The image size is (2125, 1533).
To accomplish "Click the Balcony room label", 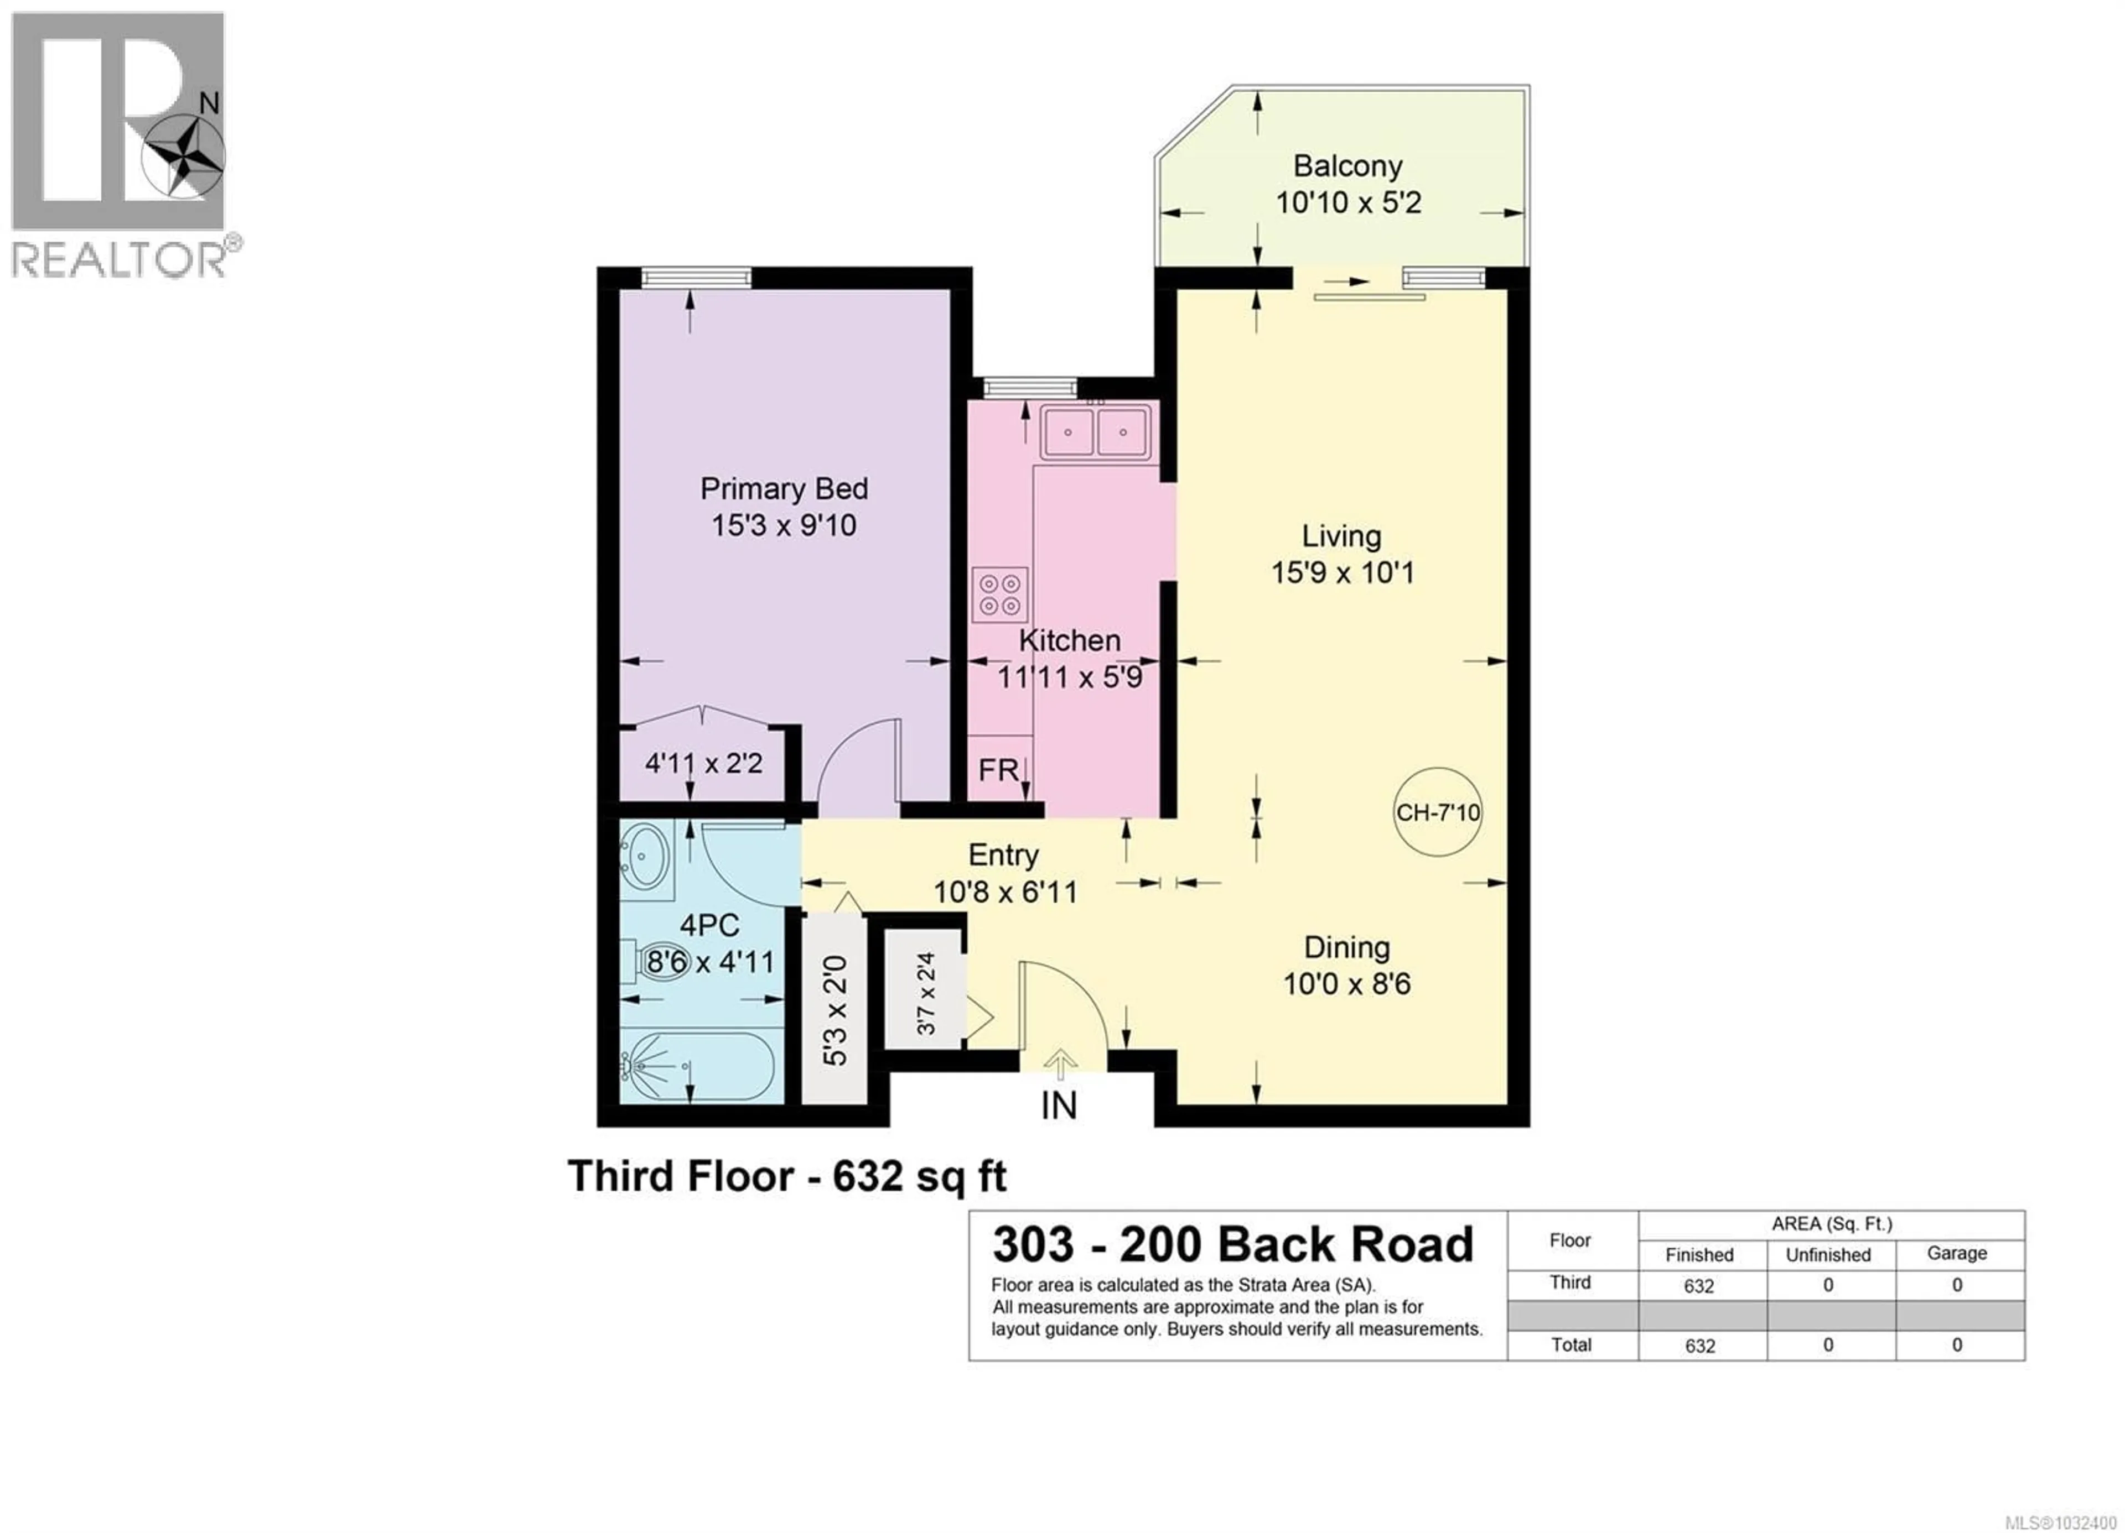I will point(1347,166).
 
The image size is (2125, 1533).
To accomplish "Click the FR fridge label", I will point(998,770).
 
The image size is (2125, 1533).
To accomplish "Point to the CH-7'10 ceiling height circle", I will point(1437,812).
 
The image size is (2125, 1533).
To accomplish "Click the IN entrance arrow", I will point(1060,1064).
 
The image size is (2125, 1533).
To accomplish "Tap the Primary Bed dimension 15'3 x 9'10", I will point(783,525).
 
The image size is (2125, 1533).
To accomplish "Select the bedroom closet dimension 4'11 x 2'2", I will point(704,763).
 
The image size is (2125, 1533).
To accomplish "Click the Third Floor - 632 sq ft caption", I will point(787,1176).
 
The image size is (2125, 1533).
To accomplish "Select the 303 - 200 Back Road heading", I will point(1233,1244).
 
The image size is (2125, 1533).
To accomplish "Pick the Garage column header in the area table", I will point(1956,1253).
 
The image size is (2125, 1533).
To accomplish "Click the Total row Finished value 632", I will point(1699,1346).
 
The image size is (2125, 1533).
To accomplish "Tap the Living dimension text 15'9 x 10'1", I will point(1342,572).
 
